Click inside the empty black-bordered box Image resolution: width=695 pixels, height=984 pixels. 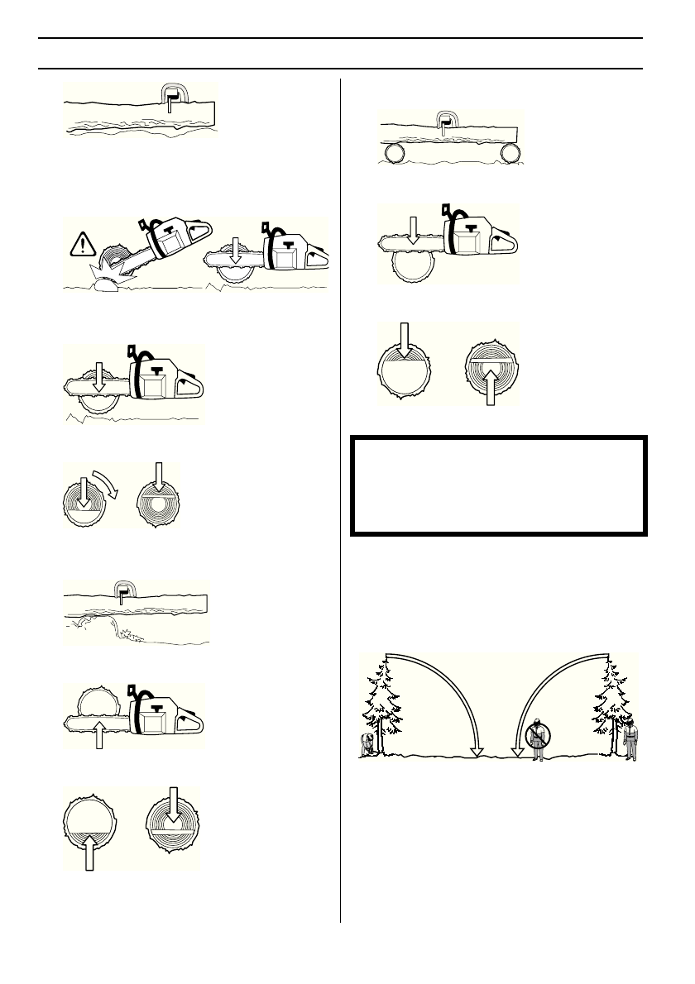498,485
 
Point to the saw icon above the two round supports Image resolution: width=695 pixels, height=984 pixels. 448,122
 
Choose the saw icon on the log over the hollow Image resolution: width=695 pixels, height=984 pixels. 123,589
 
